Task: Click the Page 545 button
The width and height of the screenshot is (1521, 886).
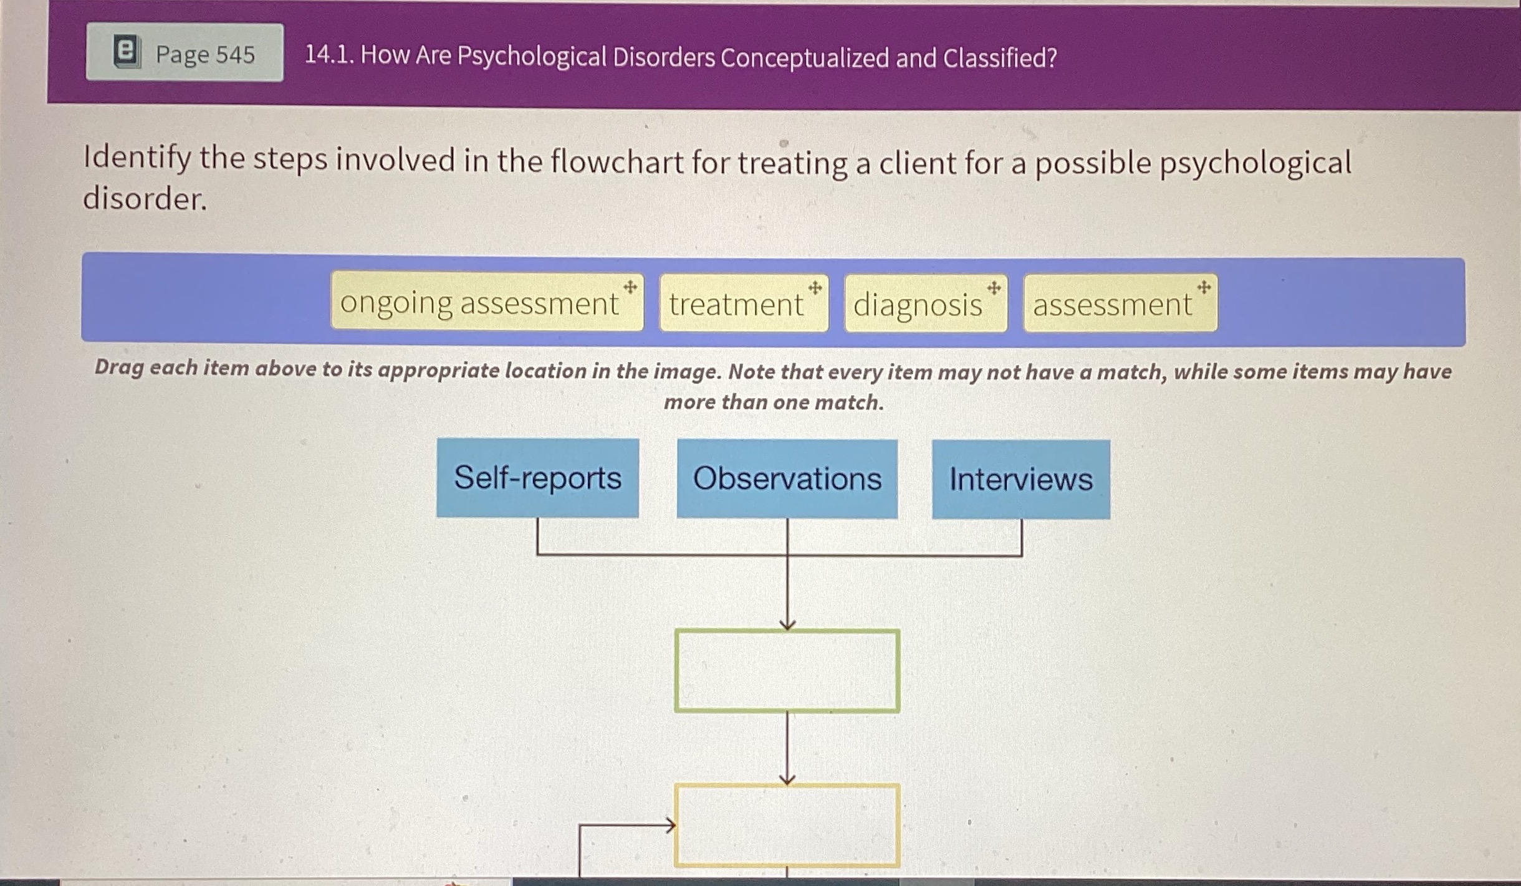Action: coord(185,53)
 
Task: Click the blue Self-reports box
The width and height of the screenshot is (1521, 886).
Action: coord(537,478)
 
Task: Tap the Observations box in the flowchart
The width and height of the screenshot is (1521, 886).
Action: coord(787,479)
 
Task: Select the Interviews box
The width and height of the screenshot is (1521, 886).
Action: coord(1020,479)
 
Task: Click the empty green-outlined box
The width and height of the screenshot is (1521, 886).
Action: coord(787,670)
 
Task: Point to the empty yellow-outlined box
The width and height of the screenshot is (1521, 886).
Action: coord(787,825)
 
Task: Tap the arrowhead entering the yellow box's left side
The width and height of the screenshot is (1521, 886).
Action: coord(669,826)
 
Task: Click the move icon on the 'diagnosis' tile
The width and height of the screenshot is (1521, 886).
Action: coord(994,288)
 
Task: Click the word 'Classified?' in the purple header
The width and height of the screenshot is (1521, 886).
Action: coord(1000,58)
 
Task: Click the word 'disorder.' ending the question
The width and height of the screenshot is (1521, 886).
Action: coord(145,199)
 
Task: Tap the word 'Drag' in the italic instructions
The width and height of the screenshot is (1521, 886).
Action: coord(118,368)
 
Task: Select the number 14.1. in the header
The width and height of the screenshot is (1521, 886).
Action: coord(329,55)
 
